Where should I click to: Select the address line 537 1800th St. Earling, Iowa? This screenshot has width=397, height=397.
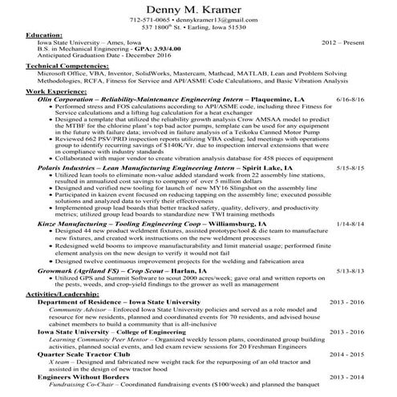(197, 27)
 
